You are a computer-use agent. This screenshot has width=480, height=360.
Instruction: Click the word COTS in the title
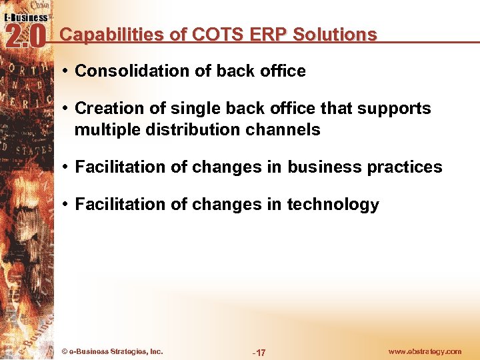210,35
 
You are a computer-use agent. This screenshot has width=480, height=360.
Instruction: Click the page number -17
259,352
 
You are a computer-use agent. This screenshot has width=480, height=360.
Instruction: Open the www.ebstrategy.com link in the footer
424,351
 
